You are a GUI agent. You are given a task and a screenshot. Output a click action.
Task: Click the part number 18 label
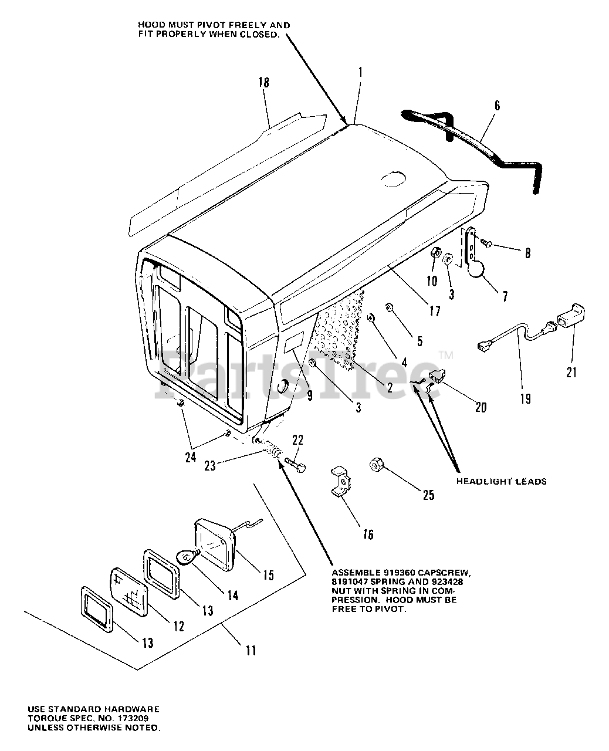point(264,82)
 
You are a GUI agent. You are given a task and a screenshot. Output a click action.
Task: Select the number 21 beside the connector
point(571,371)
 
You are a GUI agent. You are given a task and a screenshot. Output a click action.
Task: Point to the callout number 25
point(429,495)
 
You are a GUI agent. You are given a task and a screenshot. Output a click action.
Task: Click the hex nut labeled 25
point(375,465)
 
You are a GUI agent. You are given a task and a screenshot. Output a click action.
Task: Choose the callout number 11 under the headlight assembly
point(251,650)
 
